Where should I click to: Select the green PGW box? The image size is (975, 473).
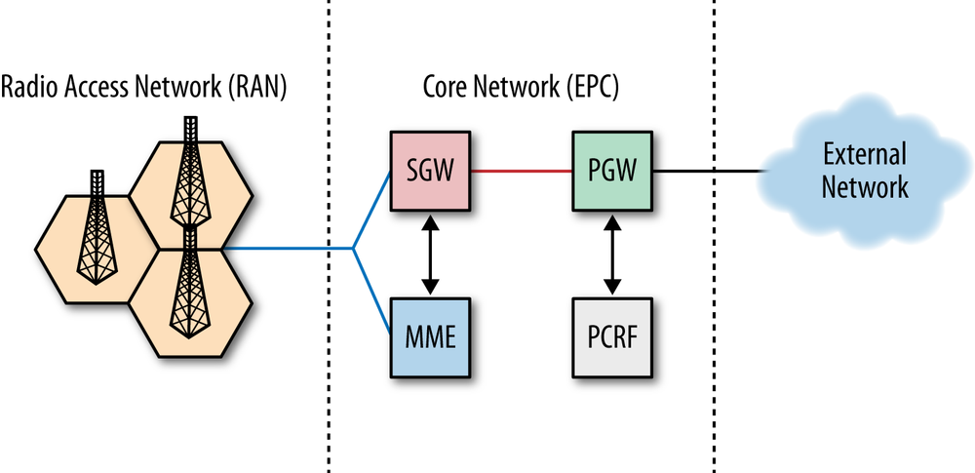[x=612, y=172]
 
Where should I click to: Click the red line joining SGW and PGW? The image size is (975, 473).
[x=522, y=172]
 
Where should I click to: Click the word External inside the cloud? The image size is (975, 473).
[x=864, y=154]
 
